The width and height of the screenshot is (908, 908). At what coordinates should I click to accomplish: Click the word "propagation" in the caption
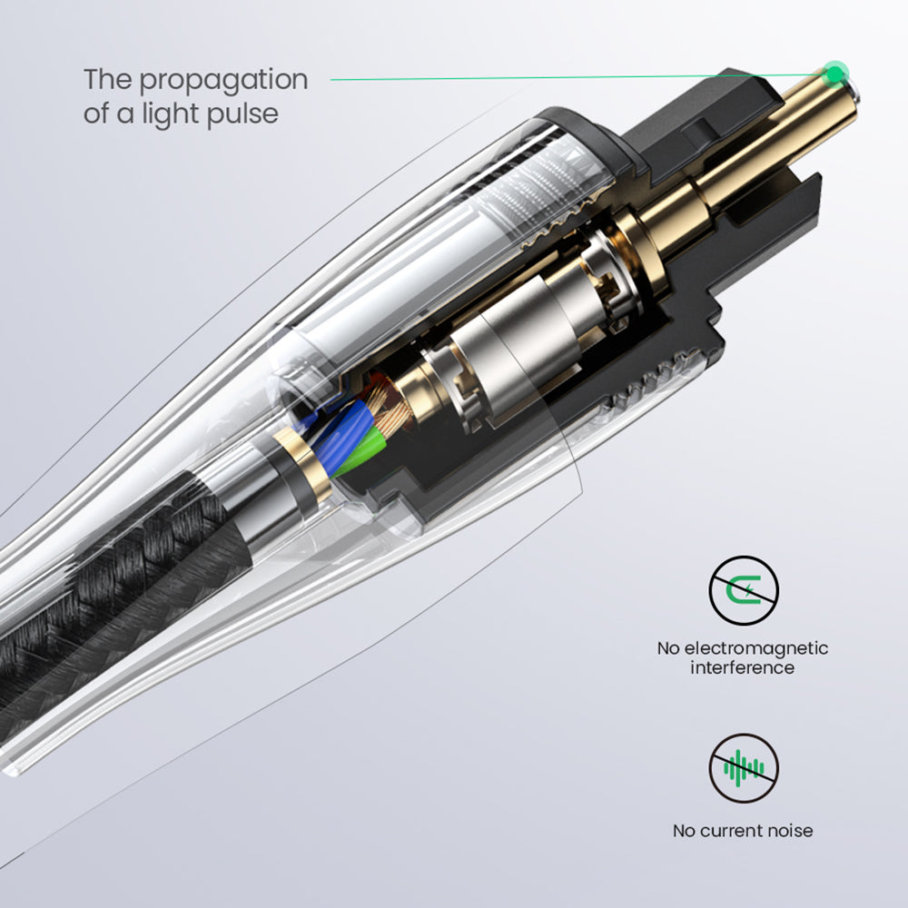coord(223,81)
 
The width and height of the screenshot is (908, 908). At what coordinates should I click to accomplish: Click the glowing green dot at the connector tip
coord(835,74)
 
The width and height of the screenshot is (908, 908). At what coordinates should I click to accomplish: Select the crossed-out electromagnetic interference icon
coord(744,590)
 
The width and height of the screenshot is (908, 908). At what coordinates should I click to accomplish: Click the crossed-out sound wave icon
coord(744,768)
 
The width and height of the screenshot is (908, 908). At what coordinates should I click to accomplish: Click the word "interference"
coord(743,667)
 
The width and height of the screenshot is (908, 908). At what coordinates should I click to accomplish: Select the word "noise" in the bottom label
coord(790,831)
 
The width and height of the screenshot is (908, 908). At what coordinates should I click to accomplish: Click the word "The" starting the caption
coord(108,79)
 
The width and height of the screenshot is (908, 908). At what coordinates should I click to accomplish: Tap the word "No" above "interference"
coord(668,648)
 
